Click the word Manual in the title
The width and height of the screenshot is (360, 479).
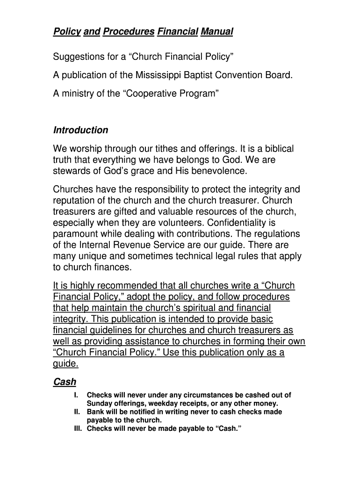[216, 32]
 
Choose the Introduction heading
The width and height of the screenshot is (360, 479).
[81, 130]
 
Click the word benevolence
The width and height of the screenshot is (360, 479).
[217, 171]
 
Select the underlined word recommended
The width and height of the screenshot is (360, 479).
[127, 286]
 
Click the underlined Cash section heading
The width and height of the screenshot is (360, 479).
[65, 382]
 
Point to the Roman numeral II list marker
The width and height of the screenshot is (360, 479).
[78, 412]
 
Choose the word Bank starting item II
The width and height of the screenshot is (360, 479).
[95, 412]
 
